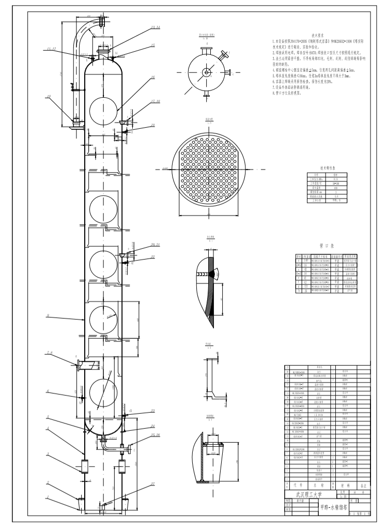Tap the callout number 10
click(49, 96)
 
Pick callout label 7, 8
click(50, 353)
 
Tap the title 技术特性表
click(328, 168)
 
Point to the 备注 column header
click(364, 486)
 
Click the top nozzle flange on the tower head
click(103, 49)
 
